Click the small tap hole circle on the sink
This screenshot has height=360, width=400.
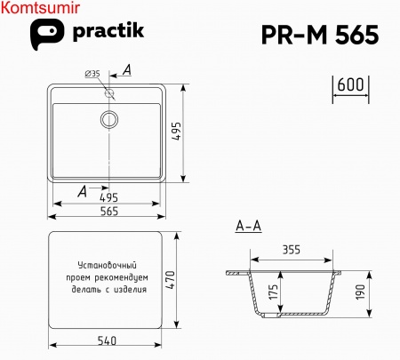coord(109,92)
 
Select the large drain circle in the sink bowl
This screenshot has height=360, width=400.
coord(109,117)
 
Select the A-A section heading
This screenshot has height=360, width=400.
coord(248,227)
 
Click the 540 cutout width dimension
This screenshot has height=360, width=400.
coord(106,340)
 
